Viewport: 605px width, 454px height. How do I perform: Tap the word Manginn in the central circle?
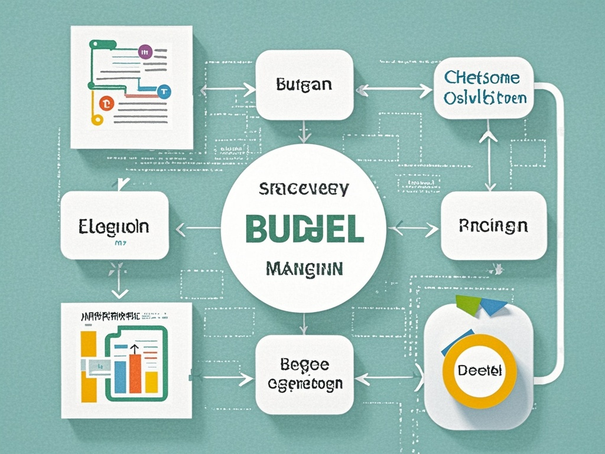303,269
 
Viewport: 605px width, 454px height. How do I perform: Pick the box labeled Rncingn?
493,225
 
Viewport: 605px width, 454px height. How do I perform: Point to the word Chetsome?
482,77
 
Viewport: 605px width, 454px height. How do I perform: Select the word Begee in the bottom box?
305,364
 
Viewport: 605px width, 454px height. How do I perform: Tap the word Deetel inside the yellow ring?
479,371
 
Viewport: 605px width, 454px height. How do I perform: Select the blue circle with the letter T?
164,91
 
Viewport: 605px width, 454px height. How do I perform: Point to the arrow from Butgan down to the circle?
304,132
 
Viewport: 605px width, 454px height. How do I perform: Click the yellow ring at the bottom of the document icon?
97,120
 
